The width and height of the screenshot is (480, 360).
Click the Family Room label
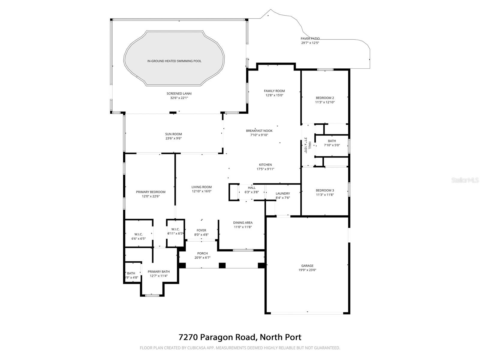point(274,91)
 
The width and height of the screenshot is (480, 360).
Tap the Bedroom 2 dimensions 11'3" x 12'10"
point(325,102)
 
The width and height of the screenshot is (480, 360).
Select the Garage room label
point(307,265)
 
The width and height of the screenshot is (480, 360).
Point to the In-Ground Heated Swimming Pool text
point(174,61)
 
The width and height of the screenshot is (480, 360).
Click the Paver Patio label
point(310,39)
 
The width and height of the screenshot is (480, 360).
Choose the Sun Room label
point(173,134)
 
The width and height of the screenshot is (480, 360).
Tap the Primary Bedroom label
point(151,192)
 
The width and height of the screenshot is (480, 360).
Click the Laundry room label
point(283,193)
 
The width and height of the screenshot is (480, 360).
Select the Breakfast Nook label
point(259,131)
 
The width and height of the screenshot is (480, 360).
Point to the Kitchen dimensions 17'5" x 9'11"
point(265,169)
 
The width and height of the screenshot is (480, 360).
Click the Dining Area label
point(243,223)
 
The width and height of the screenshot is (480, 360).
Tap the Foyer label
point(201,230)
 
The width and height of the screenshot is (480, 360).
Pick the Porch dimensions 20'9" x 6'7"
point(202,258)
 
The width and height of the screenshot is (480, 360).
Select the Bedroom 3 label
point(325,190)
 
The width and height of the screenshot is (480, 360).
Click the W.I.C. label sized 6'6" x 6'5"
point(138,234)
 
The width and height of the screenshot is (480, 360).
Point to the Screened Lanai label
point(179,94)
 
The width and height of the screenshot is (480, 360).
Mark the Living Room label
point(202,187)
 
